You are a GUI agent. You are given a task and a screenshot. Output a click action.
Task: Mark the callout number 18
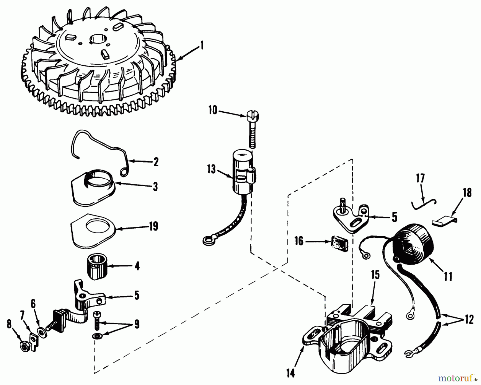pyautogui.click(x=467, y=193)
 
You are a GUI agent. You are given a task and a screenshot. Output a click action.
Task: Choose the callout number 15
pyautogui.click(x=375, y=275)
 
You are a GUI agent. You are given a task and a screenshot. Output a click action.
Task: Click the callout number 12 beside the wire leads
pyautogui.click(x=468, y=320)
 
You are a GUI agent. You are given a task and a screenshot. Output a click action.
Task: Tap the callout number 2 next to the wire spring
pyautogui.click(x=156, y=162)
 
